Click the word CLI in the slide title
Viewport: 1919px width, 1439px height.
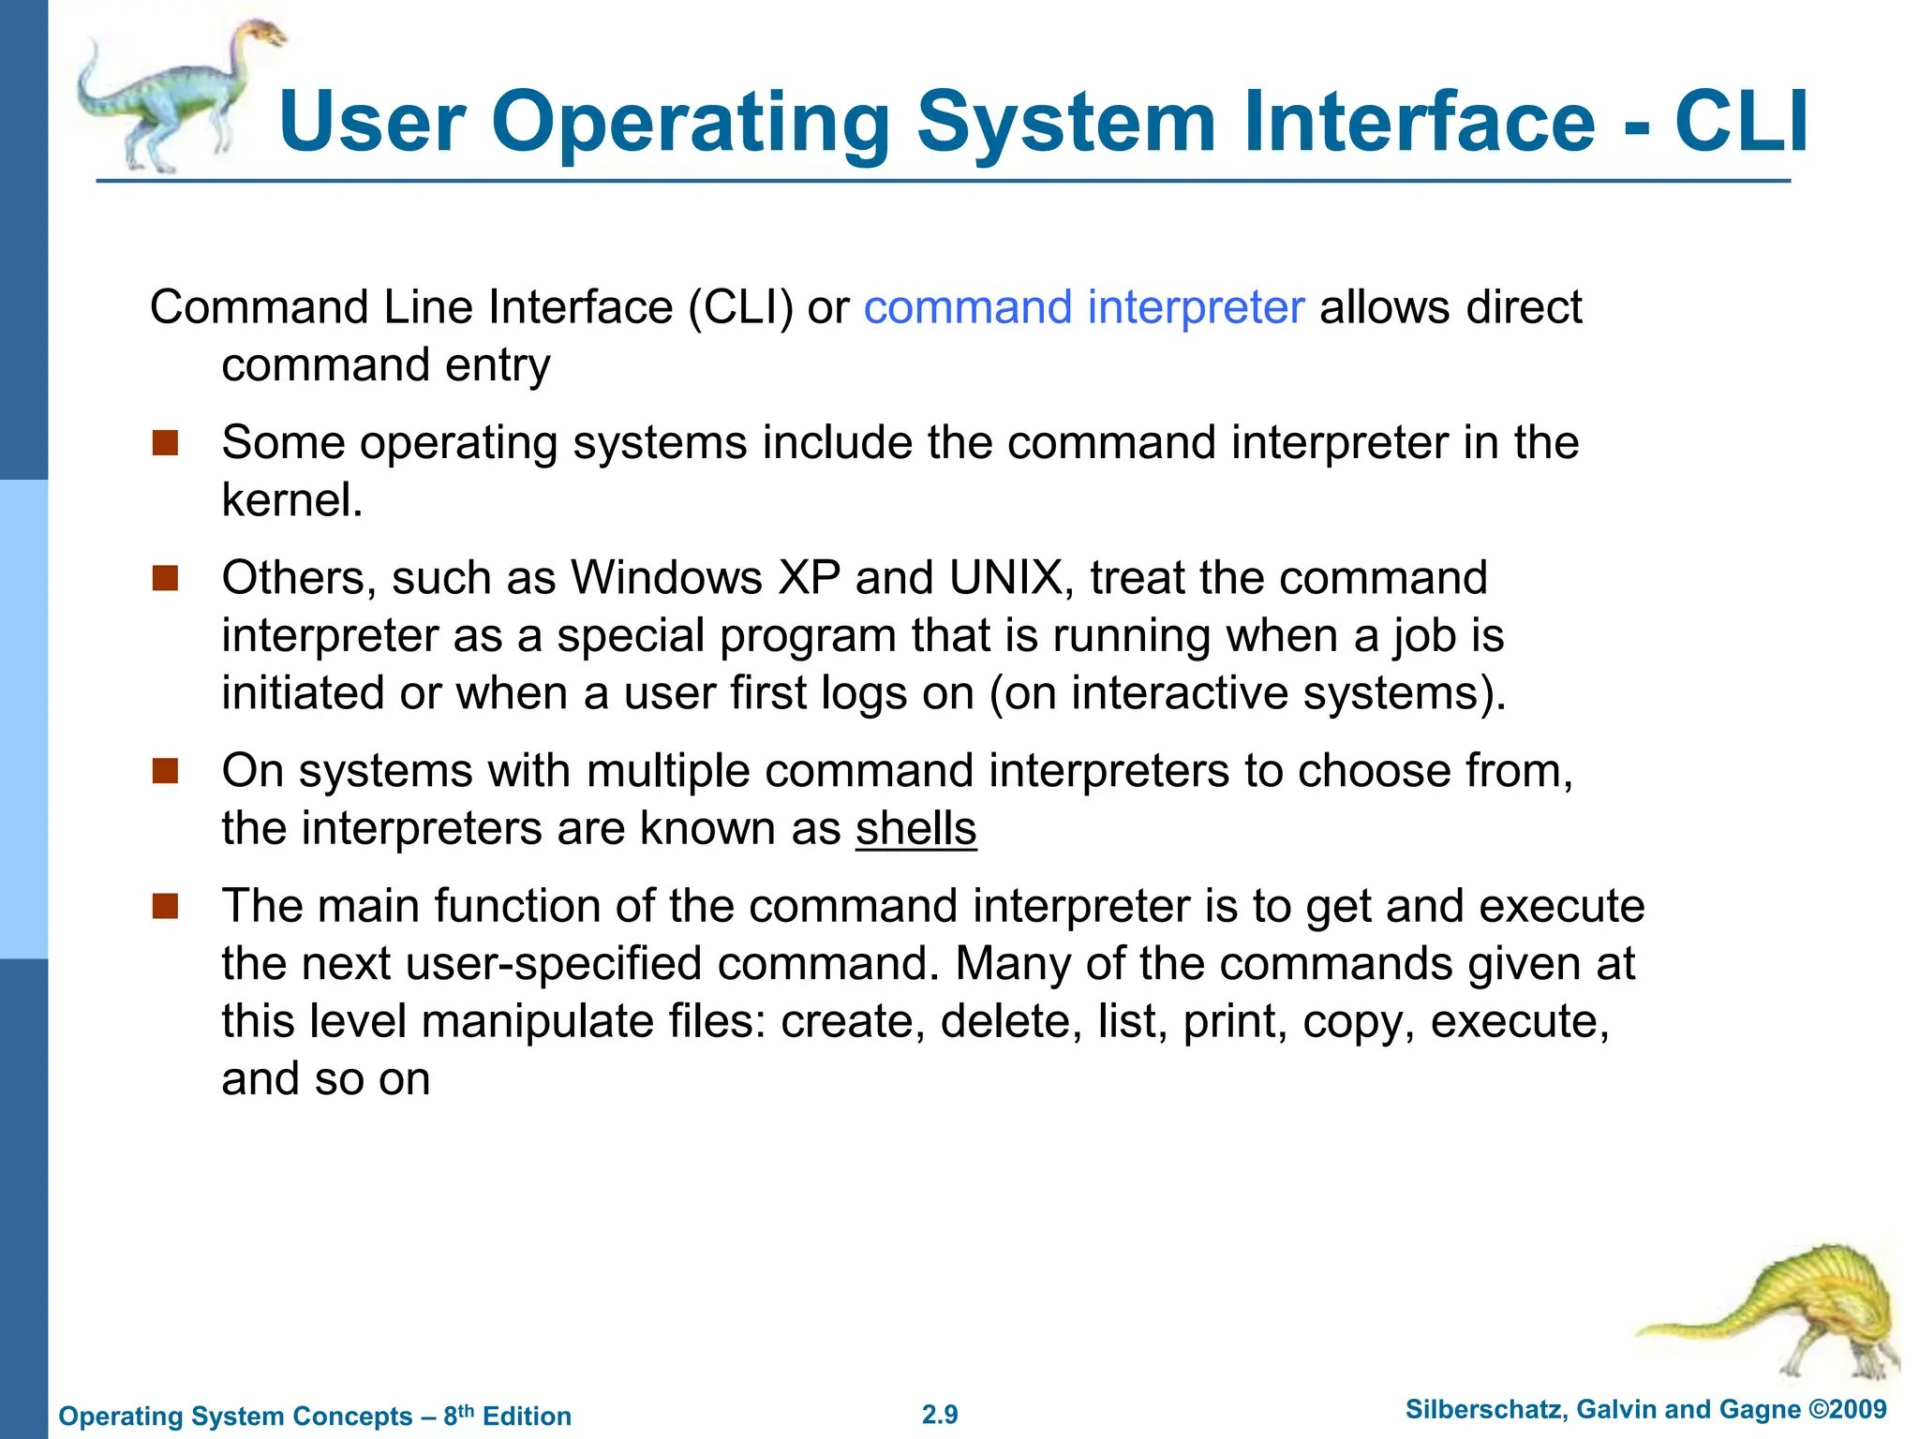[x=1741, y=122]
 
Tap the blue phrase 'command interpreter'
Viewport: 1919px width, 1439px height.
[x=1083, y=307]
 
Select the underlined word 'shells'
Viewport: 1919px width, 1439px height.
[x=915, y=829]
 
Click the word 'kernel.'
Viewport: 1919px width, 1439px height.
[x=292, y=500]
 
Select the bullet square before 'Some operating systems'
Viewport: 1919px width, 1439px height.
[x=165, y=443]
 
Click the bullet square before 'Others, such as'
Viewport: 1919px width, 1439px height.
[x=165, y=578]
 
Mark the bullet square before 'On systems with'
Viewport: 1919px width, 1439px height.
[x=165, y=771]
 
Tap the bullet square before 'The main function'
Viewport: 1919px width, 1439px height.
[x=165, y=906]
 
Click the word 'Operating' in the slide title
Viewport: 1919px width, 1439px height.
[x=691, y=122]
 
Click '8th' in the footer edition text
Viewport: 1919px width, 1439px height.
[x=458, y=1415]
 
